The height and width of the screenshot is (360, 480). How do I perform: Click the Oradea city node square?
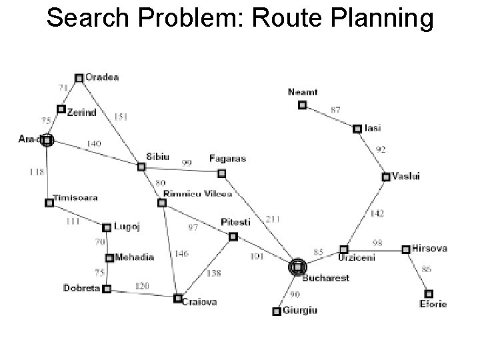tap(79, 78)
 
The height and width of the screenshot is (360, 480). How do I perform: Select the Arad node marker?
tap(47, 140)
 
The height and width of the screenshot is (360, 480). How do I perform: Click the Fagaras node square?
tap(222, 173)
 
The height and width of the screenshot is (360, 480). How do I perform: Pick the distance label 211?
tap(274, 219)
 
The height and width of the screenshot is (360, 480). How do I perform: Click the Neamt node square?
tap(302, 105)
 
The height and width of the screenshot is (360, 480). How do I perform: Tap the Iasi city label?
tap(373, 128)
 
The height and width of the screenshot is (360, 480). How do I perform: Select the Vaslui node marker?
tap(386, 177)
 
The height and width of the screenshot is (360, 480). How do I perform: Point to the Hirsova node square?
tap(405, 249)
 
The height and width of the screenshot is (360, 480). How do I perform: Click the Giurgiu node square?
tap(277, 311)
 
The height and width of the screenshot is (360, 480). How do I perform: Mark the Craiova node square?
tap(177, 298)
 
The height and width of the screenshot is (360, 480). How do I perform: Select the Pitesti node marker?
tap(233, 236)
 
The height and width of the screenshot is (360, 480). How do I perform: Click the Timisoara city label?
tap(77, 198)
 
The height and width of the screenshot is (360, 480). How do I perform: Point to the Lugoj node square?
tap(107, 227)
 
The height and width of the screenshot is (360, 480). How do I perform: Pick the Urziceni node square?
tap(344, 249)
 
